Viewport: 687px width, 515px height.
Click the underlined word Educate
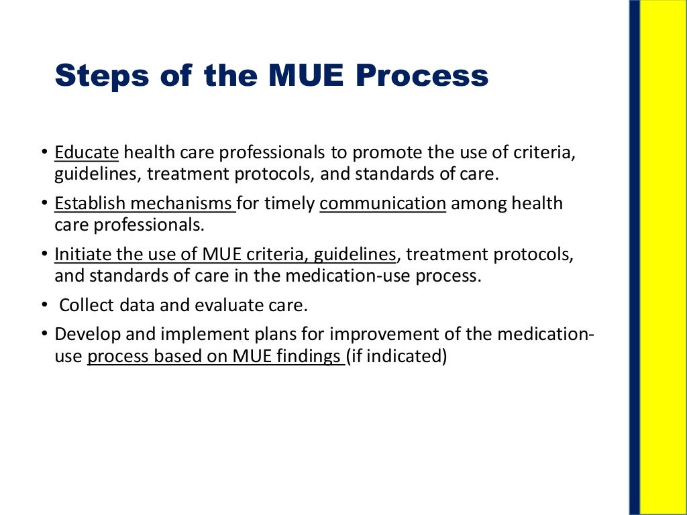(87, 152)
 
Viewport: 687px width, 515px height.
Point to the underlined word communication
(382, 203)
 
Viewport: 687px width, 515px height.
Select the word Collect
(84, 306)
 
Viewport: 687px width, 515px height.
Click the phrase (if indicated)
(397, 356)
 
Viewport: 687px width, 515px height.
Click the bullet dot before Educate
(44, 153)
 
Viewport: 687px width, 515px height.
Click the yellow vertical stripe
(663, 257)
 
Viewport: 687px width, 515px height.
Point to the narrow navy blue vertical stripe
(634, 257)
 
